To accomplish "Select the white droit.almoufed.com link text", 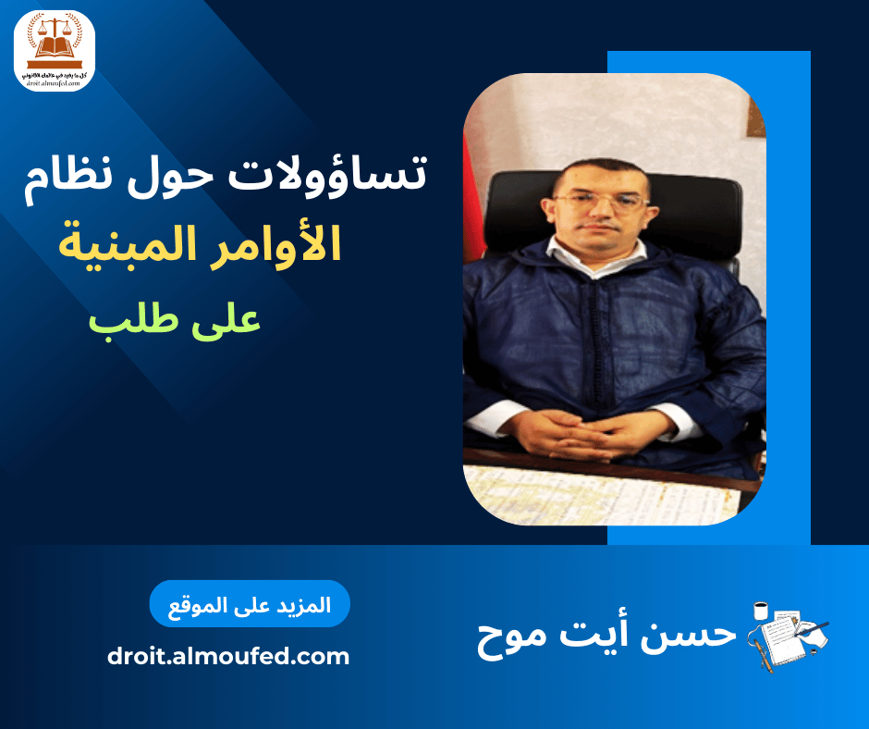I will click(x=228, y=657).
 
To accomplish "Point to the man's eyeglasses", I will click(x=600, y=200).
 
